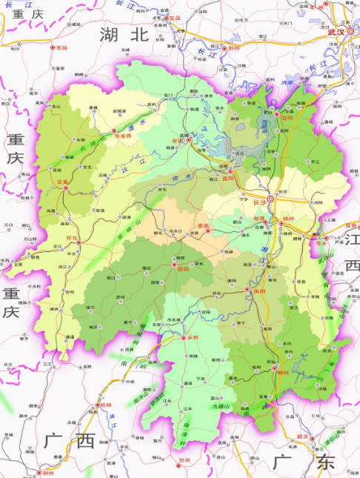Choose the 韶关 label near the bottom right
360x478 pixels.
(323, 436)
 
